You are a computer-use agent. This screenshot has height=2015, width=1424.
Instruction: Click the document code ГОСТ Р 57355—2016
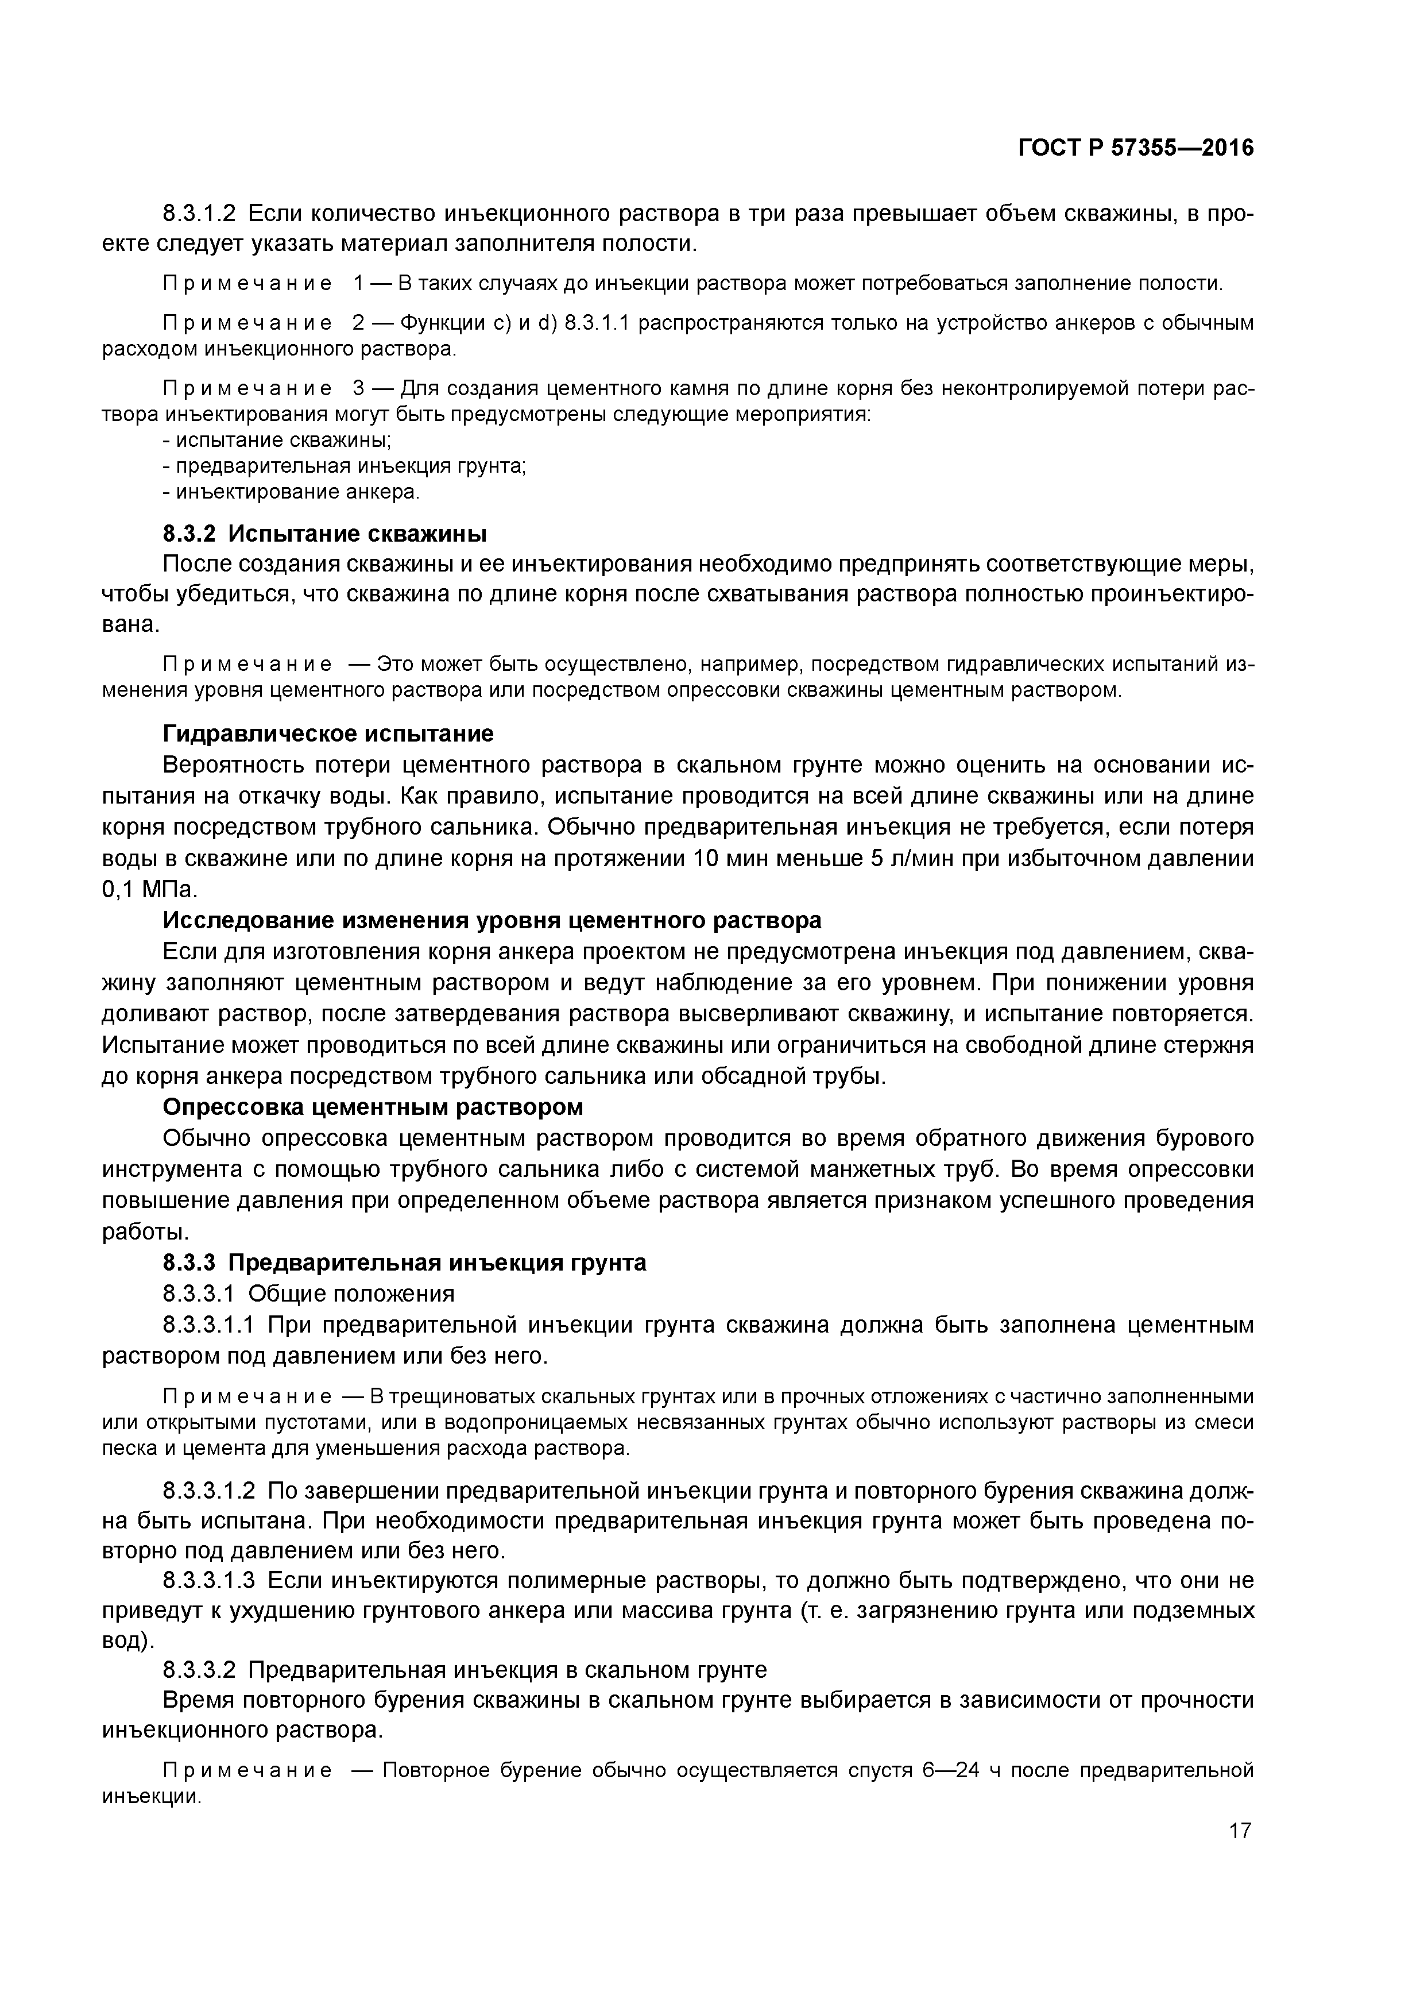pos(1135,148)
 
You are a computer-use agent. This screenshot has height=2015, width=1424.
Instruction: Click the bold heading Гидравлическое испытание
pos(328,733)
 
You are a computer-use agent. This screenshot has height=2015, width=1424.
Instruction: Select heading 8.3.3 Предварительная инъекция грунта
pos(404,1262)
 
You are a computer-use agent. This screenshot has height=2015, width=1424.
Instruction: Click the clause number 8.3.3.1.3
pos(209,1581)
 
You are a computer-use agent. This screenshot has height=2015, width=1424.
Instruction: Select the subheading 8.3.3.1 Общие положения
pos(309,1294)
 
